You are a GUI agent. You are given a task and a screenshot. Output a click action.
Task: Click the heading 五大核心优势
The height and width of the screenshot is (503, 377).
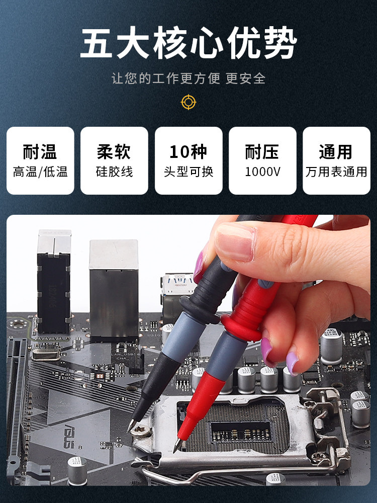pyautogui.click(x=189, y=43)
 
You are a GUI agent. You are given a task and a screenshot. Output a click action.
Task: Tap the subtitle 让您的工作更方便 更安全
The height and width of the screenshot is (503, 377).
pyautogui.click(x=189, y=78)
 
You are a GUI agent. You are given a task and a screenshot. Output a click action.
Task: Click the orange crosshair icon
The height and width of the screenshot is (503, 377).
pyautogui.click(x=189, y=102)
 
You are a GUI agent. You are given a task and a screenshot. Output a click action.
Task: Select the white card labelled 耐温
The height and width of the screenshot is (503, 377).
pyautogui.click(x=40, y=160)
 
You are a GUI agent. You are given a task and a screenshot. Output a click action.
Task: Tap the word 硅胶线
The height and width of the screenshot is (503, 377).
pyautogui.click(x=114, y=172)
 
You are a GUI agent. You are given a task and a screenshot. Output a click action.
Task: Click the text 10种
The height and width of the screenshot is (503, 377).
pyautogui.click(x=188, y=152)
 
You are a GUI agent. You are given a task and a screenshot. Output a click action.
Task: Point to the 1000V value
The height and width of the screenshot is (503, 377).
pyautogui.click(x=262, y=172)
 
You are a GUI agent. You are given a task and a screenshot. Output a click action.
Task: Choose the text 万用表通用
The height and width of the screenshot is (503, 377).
pyautogui.click(x=336, y=172)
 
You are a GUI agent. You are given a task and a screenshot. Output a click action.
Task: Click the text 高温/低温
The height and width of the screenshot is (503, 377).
pyautogui.click(x=40, y=172)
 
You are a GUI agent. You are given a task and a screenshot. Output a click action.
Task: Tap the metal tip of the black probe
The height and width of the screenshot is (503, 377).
pyautogui.click(x=131, y=426)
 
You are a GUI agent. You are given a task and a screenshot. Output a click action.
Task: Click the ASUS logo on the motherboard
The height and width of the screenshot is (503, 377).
pyautogui.click(x=69, y=436)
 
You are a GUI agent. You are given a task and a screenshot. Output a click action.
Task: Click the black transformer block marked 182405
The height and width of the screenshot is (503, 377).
pyautogui.click(x=54, y=293)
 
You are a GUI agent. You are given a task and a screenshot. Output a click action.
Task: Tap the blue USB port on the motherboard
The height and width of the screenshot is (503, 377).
pyautogui.click(x=177, y=284)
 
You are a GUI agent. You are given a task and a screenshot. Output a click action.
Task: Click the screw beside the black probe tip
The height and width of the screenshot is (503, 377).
pyautogui.click(x=140, y=430)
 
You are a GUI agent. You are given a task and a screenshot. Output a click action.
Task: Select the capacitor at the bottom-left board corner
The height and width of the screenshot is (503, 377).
pyautogui.click(x=77, y=470)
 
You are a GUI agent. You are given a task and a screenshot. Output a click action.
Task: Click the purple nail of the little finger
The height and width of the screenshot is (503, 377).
pyautogui.click(x=292, y=363)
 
